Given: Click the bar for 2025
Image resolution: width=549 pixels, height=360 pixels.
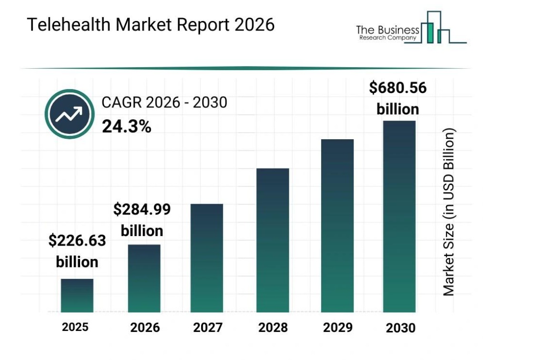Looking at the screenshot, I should pos(77,296).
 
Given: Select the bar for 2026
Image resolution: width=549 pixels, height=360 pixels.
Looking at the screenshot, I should pos(144,278).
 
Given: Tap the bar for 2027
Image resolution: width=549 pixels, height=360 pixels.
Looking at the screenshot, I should pos(207,258).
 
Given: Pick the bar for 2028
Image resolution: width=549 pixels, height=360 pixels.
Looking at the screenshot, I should pos(273,240).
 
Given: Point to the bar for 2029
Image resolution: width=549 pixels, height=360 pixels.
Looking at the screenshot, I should pos(337,226).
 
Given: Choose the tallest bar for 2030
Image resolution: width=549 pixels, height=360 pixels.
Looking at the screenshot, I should pos(399,216).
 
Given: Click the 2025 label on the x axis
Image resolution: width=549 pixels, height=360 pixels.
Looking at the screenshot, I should pos(75,327).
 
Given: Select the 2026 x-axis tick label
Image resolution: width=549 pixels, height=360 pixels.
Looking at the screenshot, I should pos(145,328).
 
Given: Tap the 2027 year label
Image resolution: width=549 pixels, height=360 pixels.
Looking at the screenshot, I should pos(208,328).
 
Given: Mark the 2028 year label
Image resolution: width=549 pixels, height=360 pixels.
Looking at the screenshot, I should pos(273,328).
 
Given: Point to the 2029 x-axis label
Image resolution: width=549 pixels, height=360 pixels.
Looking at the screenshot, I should pos(338,328).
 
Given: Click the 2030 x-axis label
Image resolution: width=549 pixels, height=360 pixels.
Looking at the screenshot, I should pos(400,328).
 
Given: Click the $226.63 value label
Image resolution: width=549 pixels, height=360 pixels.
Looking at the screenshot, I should pos(77,241).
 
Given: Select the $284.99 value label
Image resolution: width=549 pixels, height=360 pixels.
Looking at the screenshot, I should pos(142,209).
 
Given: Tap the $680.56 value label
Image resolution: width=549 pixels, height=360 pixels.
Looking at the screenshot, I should pos(398,88).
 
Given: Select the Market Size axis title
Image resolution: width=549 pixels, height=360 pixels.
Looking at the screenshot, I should pos(449,212).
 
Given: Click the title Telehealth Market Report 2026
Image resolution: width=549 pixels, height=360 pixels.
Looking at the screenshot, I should pos(151,25).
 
